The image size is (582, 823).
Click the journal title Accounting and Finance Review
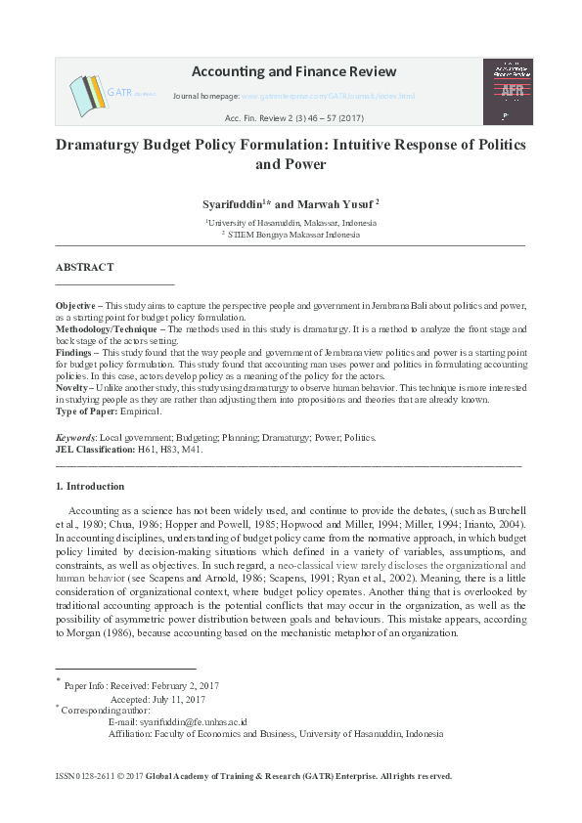(293, 71)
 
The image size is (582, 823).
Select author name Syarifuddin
(231, 203)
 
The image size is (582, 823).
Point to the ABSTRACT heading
(84, 267)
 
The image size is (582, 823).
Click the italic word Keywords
(75, 438)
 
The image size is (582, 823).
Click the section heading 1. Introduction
(90, 486)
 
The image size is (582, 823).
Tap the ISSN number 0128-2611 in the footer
(91, 776)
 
